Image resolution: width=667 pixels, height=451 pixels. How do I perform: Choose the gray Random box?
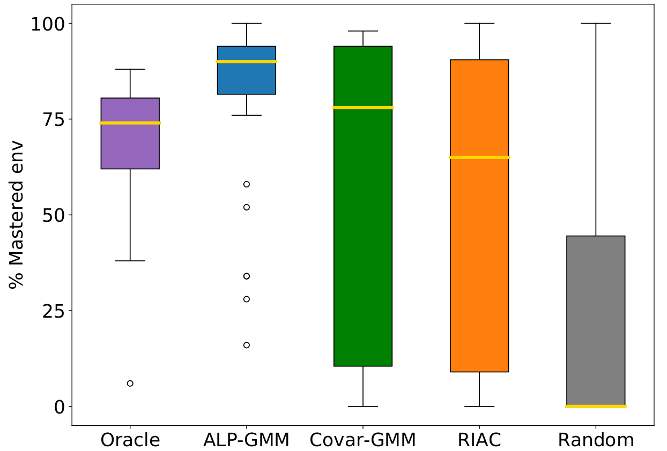[596, 321]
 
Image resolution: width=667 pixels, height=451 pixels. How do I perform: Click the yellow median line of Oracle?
[130, 123]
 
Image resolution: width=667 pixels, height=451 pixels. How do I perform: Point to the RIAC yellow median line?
[479, 157]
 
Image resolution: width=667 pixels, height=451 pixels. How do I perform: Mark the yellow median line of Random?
[596, 406]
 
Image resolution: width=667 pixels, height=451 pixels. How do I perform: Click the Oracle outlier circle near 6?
[130, 384]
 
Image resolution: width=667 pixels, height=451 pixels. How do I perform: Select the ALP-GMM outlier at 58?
[247, 184]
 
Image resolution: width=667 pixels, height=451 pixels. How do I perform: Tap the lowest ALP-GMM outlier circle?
[247, 345]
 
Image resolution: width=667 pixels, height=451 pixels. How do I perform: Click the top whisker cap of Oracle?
[130, 69]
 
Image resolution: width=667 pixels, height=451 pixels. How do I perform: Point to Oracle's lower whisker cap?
[130, 261]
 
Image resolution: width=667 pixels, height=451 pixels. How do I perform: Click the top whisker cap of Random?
[596, 24]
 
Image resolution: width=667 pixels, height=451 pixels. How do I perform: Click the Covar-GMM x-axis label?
[363, 440]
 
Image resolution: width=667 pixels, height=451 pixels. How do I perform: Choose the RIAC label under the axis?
[479, 440]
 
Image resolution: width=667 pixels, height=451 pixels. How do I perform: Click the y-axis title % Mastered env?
[17, 214]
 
